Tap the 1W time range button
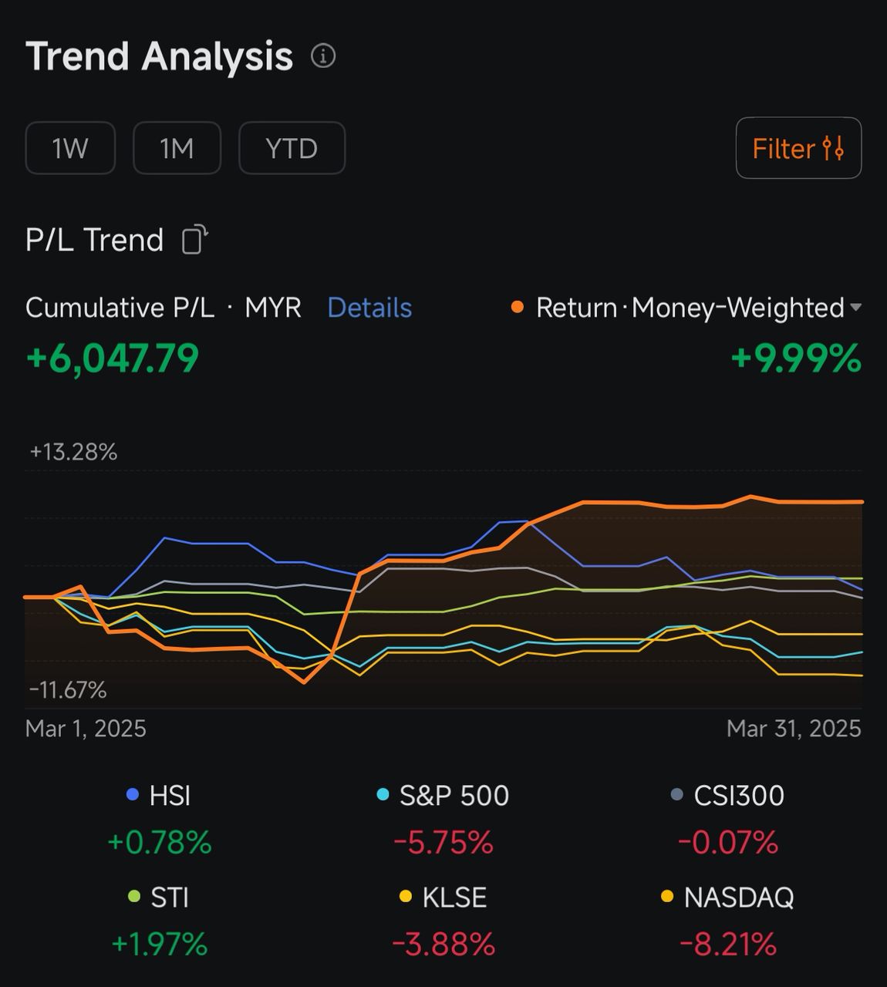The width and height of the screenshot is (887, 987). [70, 148]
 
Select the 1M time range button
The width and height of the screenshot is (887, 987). [177, 148]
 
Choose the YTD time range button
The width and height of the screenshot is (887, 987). [292, 148]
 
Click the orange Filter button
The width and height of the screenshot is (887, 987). [798, 148]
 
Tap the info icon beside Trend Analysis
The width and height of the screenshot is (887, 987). [323, 56]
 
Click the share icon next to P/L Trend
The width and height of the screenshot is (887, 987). [194, 240]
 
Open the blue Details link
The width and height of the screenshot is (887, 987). [369, 308]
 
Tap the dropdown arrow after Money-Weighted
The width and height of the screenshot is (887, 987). [855, 308]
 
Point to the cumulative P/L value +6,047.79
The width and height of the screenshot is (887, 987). [113, 359]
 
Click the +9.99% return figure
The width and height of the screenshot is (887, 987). [795, 359]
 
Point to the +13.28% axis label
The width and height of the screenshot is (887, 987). [73, 452]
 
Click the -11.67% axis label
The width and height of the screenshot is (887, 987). [68, 690]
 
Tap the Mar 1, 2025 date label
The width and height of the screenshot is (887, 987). [86, 729]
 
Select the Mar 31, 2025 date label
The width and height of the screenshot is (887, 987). [794, 729]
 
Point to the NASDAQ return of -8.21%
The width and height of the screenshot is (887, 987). [728, 945]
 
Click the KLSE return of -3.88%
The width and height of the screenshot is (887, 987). [443, 945]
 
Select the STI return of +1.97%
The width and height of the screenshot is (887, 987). [160, 945]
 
